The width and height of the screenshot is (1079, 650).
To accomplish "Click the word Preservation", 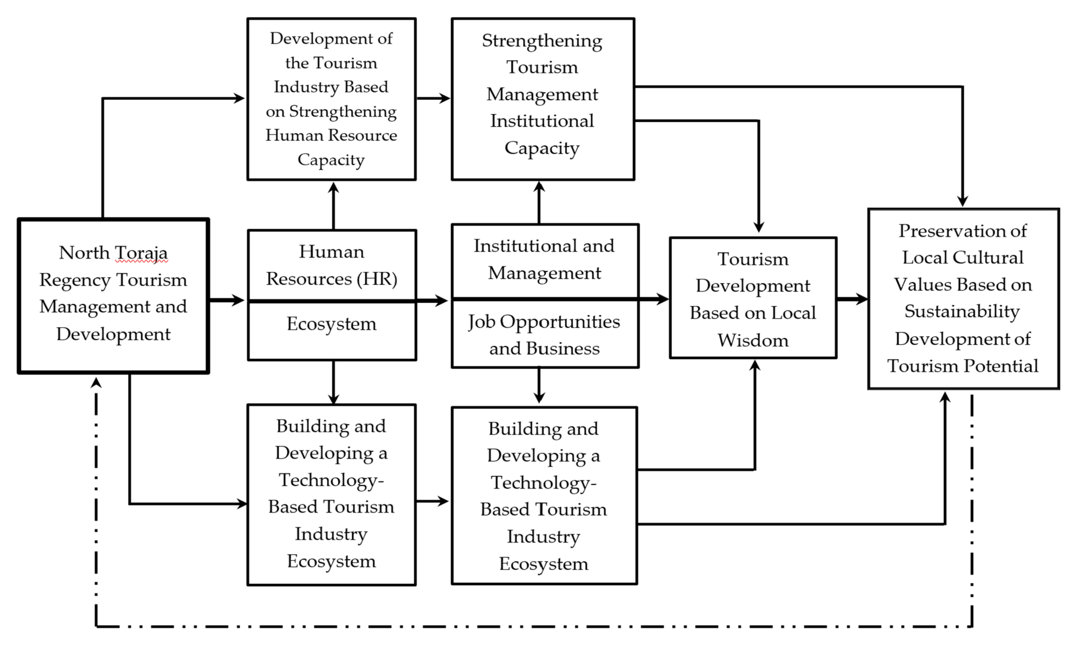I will [963, 231].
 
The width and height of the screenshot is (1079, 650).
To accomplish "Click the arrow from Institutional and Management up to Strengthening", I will [539, 202].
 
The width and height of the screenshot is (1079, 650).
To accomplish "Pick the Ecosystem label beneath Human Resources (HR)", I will [331, 324].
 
